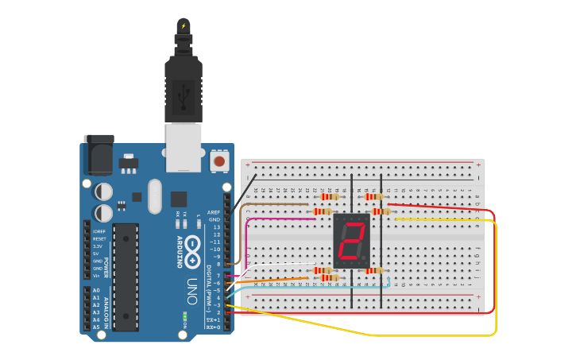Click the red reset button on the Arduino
[218, 162]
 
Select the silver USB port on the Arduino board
[184, 148]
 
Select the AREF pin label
[213, 213]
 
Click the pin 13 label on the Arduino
[215, 227]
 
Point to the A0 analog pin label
[96, 291]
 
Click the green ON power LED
[184, 316]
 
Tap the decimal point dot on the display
[365, 258]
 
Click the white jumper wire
[278, 265]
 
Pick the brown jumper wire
[270, 204]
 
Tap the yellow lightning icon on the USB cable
[184, 25]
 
